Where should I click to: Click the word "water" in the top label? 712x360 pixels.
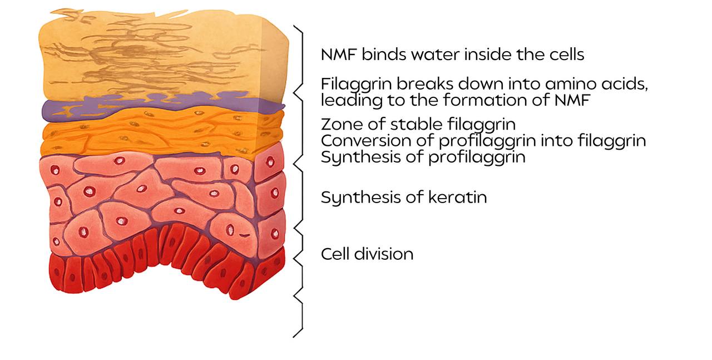436,55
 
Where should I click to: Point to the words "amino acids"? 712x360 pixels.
596,84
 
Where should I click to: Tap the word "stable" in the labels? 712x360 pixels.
416,124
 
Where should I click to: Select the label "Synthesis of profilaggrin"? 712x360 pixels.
423,157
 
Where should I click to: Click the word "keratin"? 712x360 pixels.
457,197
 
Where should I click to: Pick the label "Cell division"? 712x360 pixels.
367,254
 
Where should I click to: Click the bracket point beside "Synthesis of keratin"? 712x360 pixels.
294,228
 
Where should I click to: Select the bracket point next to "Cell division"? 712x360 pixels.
294,259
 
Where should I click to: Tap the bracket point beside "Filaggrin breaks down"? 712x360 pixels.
294,92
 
